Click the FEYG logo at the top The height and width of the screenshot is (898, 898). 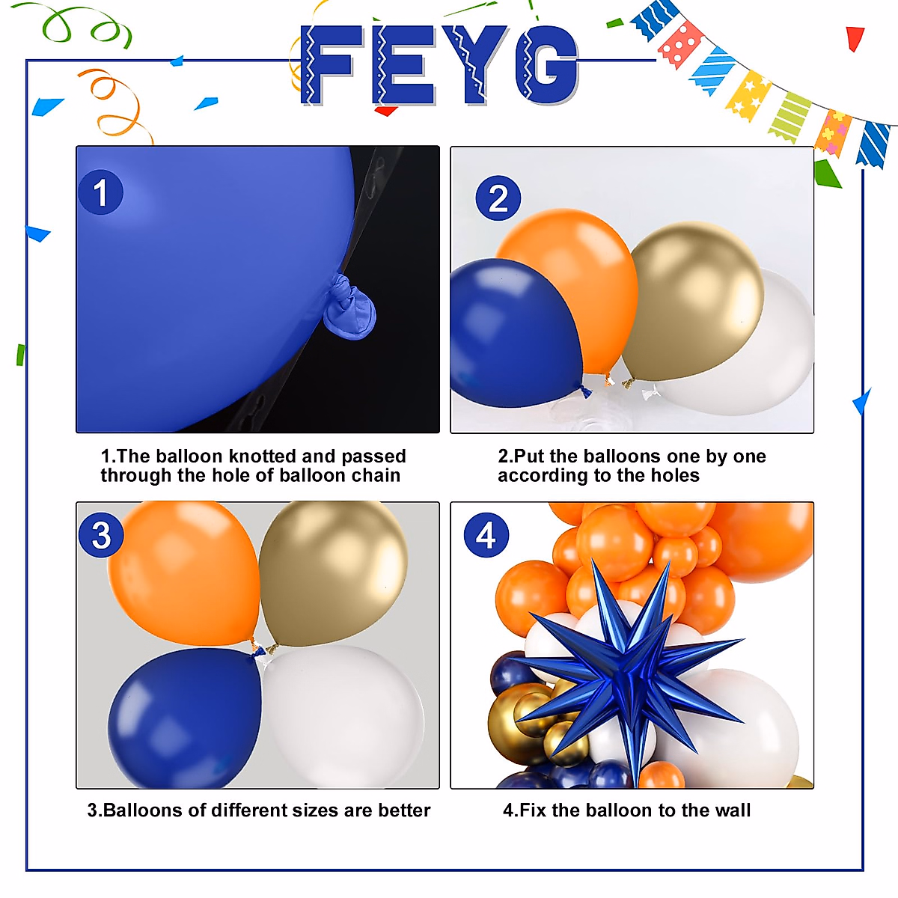440,65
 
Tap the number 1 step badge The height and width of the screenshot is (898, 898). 100,192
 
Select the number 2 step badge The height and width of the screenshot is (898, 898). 498,198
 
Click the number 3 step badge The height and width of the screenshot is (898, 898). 101,535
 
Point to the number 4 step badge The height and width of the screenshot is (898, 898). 486,535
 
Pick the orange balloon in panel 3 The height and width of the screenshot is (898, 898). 183,572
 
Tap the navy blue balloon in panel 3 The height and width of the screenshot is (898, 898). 183,718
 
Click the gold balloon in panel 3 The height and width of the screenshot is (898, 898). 333,572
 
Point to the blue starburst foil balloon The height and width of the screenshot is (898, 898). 625,673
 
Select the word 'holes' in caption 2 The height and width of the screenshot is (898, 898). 674,476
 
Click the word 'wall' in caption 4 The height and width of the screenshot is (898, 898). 731,810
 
